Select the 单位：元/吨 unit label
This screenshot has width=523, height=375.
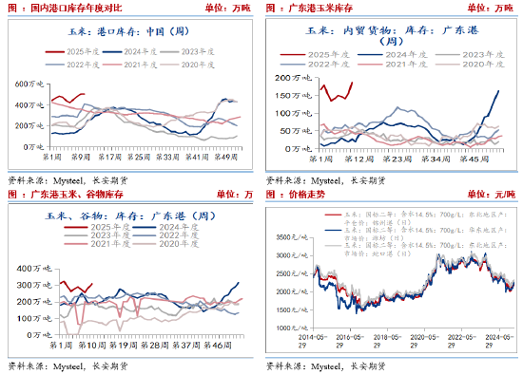(x=492, y=195)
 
